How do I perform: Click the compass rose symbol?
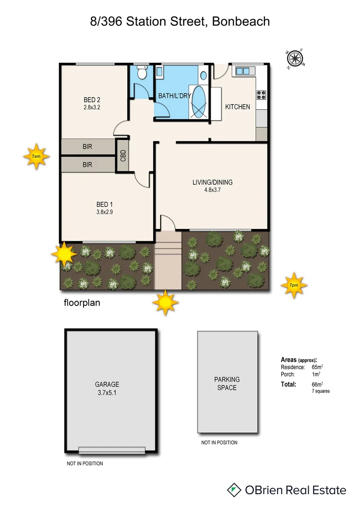point(295,58)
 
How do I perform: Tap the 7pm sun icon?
point(294,285)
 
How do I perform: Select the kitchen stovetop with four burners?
point(262,94)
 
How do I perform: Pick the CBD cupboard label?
point(123,156)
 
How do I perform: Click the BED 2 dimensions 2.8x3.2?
point(92,107)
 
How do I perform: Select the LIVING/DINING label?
point(212,182)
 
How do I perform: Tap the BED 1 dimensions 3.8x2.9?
point(105,212)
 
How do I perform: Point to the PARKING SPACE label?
point(227,383)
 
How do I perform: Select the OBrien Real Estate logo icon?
point(234,490)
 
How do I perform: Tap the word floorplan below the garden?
point(82,303)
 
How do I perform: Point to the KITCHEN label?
point(237,107)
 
